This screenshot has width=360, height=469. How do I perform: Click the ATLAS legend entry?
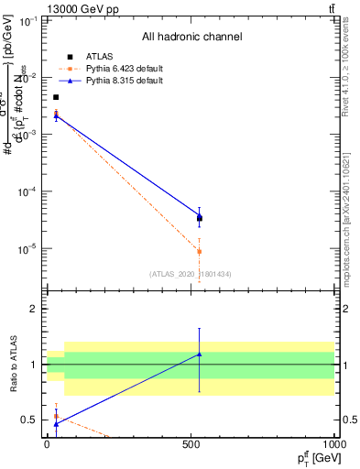pyautogui.click(x=99, y=56)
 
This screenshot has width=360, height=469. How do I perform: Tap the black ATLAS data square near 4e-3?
pyautogui.click(x=56, y=97)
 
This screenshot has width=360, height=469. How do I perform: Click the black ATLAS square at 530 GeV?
pyautogui.click(x=200, y=218)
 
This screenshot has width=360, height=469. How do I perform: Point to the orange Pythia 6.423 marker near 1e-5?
pyautogui.click(x=200, y=252)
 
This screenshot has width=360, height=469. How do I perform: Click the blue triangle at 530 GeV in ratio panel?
pyautogui.click(x=200, y=354)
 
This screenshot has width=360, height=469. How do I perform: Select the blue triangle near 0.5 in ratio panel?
pyautogui.click(x=57, y=424)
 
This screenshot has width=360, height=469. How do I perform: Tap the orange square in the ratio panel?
pyautogui.click(x=57, y=416)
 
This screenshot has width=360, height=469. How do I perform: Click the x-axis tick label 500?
pyautogui.click(x=191, y=444)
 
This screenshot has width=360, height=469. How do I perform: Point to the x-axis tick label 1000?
pyautogui.click(x=332, y=444)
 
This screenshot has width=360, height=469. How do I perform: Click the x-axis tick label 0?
pyautogui.click(x=47, y=444)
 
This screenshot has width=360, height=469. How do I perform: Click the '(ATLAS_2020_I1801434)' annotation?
pyautogui.click(x=191, y=274)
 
